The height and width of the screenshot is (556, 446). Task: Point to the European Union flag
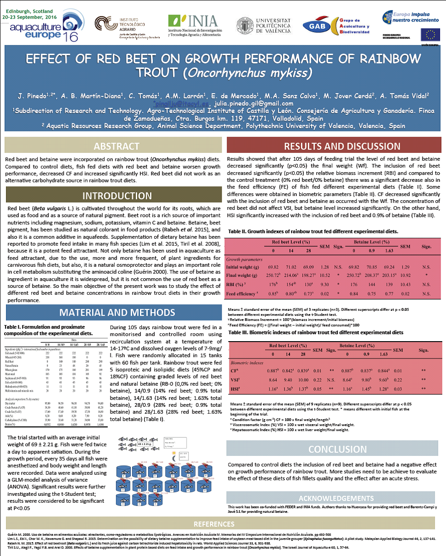pyautogui.click(x=430, y=35)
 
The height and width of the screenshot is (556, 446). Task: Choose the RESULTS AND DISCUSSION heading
pyautogui.click(x=335, y=146)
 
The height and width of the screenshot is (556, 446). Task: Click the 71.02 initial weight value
pyautogui.click(x=291, y=266)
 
